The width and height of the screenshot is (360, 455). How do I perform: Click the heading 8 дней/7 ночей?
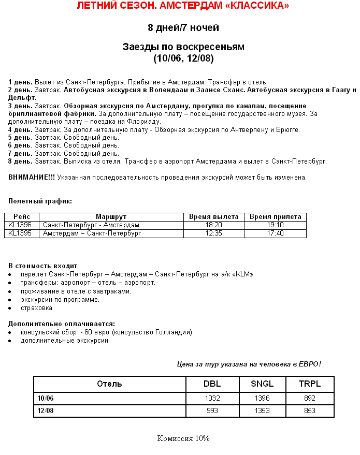tap(183, 27)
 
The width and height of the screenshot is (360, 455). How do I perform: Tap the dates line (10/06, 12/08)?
tap(183, 58)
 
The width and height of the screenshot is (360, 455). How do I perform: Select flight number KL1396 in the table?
tap(20, 225)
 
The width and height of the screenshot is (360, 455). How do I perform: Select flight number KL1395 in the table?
tap(20, 233)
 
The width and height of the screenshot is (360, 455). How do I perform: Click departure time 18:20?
tap(213, 225)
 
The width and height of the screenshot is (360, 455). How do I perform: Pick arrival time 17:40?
tap(275, 233)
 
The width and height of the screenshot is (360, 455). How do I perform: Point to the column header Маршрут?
tap(111, 217)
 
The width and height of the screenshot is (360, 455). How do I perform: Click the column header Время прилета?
tap(275, 217)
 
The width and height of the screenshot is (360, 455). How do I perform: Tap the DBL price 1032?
tap(212, 399)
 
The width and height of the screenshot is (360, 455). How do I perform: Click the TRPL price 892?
tap(310, 399)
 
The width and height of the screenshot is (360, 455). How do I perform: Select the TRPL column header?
tap(310, 384)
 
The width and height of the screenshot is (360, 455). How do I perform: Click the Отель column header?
tap(109, 384)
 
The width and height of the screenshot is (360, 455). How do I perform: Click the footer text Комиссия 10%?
tap(183, 438)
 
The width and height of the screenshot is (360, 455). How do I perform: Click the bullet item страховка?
tap(36, 308)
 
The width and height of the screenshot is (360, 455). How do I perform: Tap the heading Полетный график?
tap(40, 201)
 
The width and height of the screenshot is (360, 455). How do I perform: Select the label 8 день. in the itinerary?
tap(20, 162)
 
